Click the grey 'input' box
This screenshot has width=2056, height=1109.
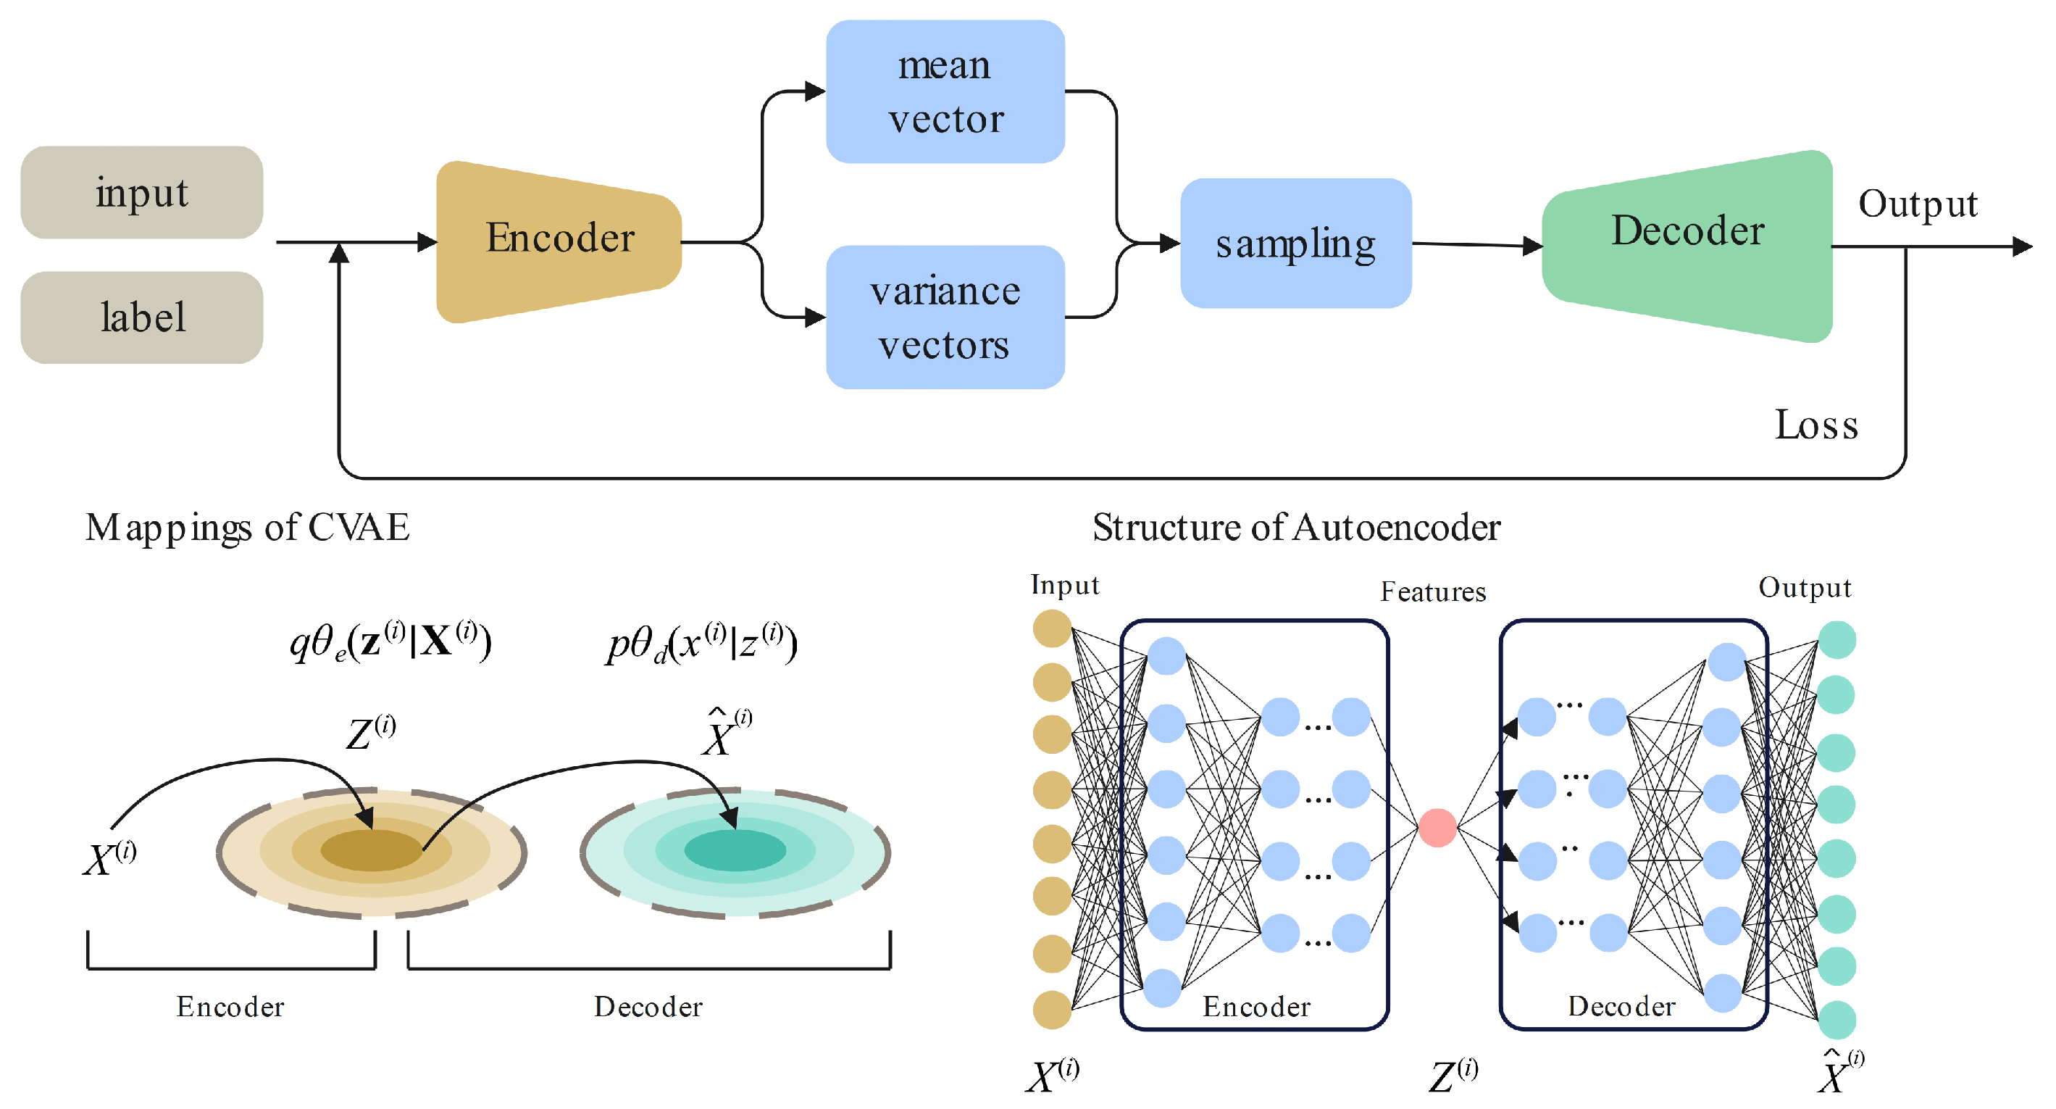point(141,191)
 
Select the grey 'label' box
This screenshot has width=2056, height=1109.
point(141,317)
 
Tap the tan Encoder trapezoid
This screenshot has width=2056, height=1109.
point(559,239)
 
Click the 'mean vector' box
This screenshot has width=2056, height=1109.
point(945,92)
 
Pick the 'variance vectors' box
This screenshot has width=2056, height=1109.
point(945,317)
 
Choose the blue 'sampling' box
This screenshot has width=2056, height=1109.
point(1295,244)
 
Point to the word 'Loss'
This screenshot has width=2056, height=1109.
point(1815,425)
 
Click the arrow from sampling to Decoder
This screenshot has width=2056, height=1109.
point(1476,245)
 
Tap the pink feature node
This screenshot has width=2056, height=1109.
point(1437,827)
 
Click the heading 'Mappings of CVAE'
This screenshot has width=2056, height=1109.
point(248,528)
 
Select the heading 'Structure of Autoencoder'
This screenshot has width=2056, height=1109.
point(1295,528)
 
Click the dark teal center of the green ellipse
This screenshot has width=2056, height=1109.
point(735,850)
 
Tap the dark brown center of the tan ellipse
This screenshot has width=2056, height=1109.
point(371,850)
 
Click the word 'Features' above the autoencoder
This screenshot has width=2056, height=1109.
point(1433,591)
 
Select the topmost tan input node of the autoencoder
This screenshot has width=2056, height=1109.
point(1052,628)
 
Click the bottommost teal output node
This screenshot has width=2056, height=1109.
point(1836,1020)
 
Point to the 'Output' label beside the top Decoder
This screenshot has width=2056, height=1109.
point(1917,204)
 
